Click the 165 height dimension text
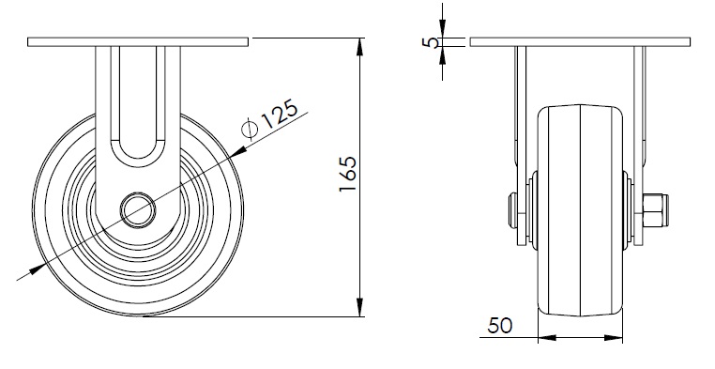pyautogui.click(x=348, y=175)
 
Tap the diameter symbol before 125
pyautogui.click(x=249, y=129)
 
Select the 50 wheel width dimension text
pyautogui.click(x=500, y=326)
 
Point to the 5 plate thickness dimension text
pyautogui.click(x=430, y=42)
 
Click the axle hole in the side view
pyautogui.click(x=138, y=210)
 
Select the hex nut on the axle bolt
pyautogui.click(x=652, y=210)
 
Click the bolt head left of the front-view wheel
pyautogui.click(x=513, y=210)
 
